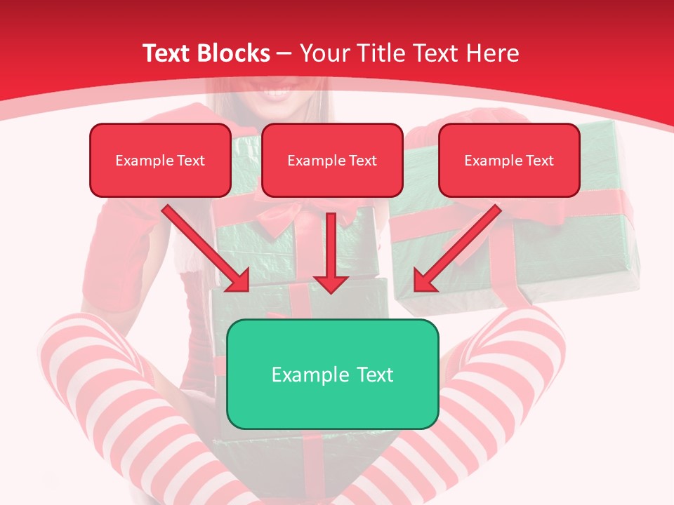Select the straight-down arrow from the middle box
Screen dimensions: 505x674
click(x=331, y=249)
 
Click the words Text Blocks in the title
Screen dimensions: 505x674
click(x=206, y=53)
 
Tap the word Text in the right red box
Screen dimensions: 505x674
click(x=539, y=161)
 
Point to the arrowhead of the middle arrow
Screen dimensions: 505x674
click(x=331, y=283)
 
